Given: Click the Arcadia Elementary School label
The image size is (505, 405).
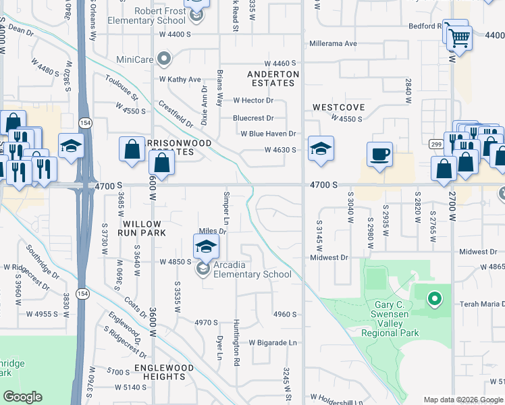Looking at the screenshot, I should [252, 269].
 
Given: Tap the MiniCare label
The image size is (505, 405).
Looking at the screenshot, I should [136, 59].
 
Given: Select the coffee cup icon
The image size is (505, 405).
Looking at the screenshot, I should [379, 154].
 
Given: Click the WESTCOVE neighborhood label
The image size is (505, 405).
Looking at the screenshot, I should [338, 107].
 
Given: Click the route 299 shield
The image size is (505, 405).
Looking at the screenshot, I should [435, 143].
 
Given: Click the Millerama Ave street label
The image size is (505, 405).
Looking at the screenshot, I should [333, 44].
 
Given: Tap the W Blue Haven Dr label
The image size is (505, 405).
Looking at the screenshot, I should [269, 134].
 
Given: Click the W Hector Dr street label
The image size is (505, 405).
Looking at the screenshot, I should [253, 101].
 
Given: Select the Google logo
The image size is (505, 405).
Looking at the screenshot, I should [23, 397].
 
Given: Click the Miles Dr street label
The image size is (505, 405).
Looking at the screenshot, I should [211, 231].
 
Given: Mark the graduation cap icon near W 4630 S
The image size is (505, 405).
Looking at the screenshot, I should [321, 150].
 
